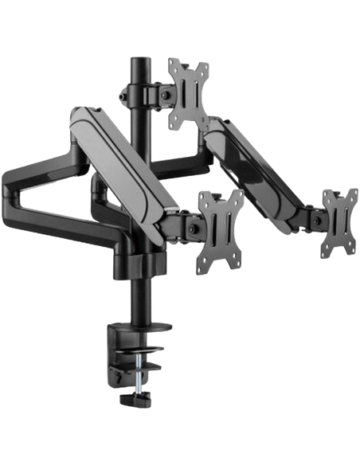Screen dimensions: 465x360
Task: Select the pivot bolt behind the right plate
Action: point(317,217)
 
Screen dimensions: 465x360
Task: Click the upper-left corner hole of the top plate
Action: point(173,66)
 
